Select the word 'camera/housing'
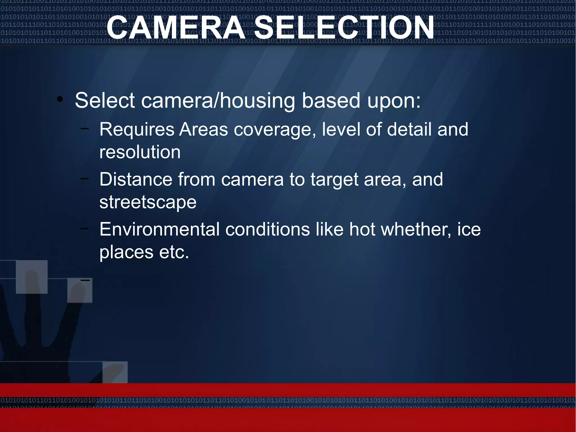point(218,101)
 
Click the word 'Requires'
point(137,130)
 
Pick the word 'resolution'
point(140,152)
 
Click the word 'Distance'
point(136,179)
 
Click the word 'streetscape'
point(148,202)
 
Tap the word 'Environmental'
point(159,229)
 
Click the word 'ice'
point(469,229)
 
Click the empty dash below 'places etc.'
point(85,280)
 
